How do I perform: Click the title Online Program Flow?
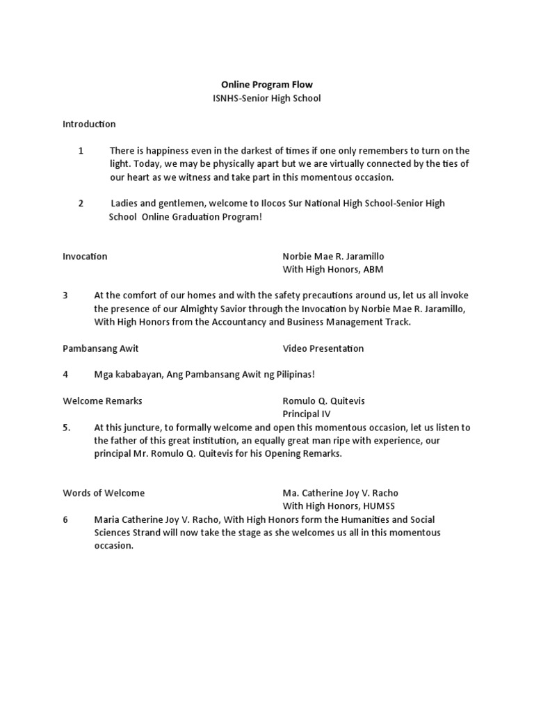click(267, 85)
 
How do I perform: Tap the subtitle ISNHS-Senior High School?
click(267, 99)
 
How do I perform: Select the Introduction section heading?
click(89, 124)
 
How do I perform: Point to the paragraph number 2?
click(81, 203)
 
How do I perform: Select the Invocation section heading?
click(85, 257)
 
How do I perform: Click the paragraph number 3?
click(65, 295)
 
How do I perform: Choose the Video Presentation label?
click(323, 348)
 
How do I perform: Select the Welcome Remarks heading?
click(102, 401)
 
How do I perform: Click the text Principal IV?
click(306, 414)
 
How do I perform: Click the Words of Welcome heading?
click(104, 493)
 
